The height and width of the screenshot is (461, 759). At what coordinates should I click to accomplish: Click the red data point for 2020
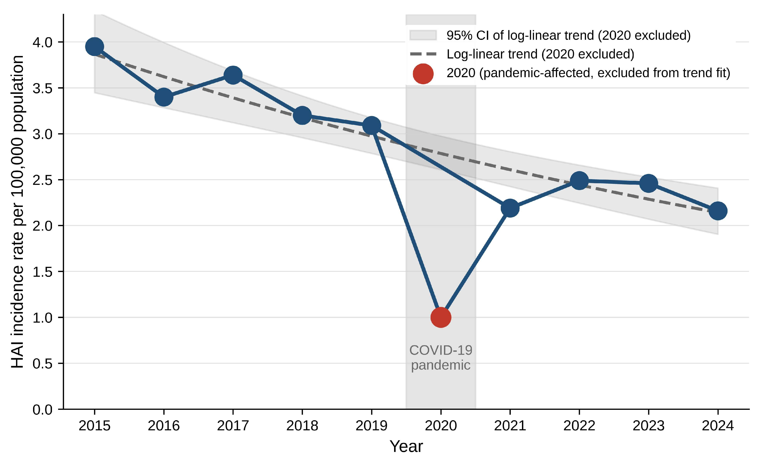pos(441,317)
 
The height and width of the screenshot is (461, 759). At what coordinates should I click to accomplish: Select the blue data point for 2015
pos(94,47)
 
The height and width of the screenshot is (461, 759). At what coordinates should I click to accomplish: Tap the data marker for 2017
pos(233,75)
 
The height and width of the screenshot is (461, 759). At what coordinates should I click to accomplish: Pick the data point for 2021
pos(510,208)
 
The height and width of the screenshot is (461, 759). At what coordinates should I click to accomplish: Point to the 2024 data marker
pos(718,211)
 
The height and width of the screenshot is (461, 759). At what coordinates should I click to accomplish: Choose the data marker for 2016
pos(164,97)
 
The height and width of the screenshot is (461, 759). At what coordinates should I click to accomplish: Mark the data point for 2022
pos(579,181)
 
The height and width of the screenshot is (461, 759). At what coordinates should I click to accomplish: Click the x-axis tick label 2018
pos(302,426)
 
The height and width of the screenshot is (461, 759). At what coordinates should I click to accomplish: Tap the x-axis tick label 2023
pos(649,426)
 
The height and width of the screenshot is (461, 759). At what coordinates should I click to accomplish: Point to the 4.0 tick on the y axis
pos(43,42)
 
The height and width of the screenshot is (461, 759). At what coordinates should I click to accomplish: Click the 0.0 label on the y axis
pos(43,410)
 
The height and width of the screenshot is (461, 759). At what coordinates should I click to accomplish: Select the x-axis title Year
pos(406,446)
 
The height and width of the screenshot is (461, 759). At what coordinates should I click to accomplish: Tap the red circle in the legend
pos(423,74)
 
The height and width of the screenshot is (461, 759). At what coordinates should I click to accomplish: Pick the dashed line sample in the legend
pos(423,54)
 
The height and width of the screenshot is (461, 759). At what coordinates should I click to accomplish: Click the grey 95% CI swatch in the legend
pos(423,35)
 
